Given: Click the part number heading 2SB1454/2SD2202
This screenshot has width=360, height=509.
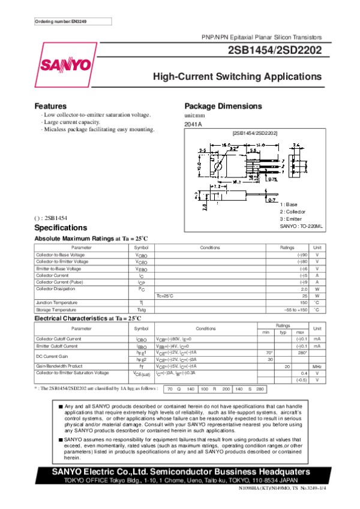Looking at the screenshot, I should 274,51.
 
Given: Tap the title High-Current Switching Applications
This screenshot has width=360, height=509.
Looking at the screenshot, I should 237,77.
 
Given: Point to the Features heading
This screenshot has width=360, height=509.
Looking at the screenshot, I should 50,106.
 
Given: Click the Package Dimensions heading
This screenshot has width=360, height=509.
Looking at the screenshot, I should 223,106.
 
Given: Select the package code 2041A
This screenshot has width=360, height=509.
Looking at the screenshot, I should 193,124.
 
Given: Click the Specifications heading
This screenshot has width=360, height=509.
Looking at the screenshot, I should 61,228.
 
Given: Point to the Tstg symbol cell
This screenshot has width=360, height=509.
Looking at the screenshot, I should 141,309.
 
